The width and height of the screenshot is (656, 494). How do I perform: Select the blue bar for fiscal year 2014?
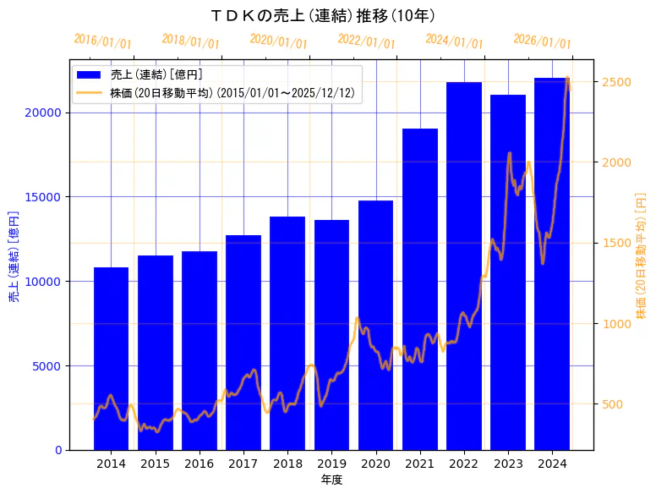pyautogui.click(x=111, y=359)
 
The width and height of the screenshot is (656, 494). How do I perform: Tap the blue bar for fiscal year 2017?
pyautogui.click(x=243, y=343)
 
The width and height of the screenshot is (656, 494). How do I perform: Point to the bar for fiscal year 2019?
pyautogui.click(x=331, y=335)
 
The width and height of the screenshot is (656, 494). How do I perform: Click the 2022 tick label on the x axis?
pyautogui.click(x=464, y=464)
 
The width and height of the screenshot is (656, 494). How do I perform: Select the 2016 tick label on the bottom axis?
pyautogui.click(x=200, y=464)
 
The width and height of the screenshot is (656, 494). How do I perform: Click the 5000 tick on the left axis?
pyautogui.click(x=49, y=366)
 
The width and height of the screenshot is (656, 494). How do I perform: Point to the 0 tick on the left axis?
pyautogui.click(x=58, y=450)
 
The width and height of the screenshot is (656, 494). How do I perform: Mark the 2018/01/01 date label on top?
pyautogui.click(x=190, y=41)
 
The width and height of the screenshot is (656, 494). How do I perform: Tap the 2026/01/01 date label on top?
pyautogui.click(x=542, y=41)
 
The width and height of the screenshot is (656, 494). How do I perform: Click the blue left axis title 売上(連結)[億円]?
pyautogui.click(x=14, y=255)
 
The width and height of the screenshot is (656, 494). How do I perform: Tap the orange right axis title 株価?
pyautogui.click(x=641, y=255)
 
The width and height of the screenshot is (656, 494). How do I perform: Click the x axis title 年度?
pyautogui.click(x=331, y=480)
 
